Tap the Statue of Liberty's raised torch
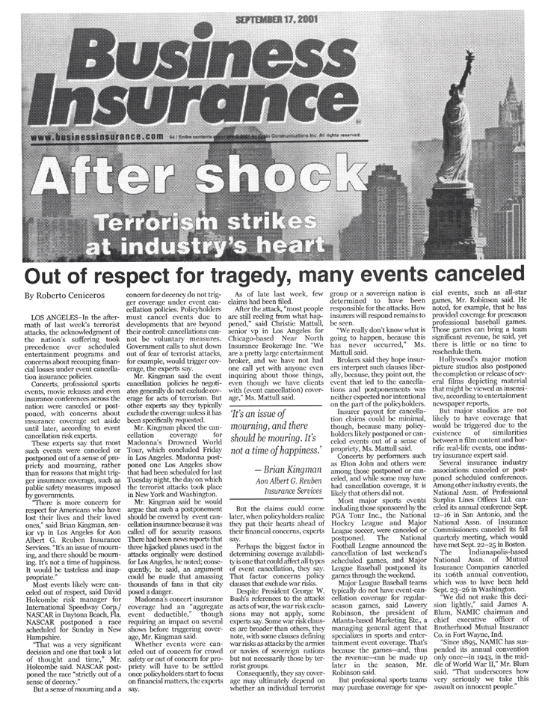pos(469,58)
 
